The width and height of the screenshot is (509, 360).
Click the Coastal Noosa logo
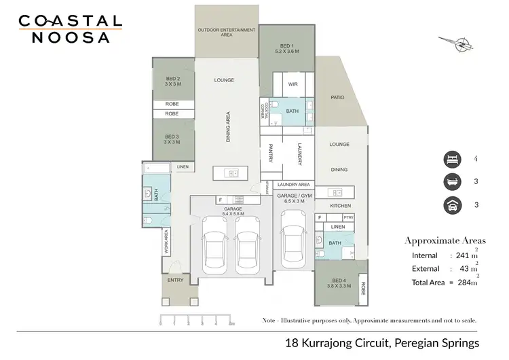(69, 29)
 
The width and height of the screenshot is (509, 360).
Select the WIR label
(293, 84)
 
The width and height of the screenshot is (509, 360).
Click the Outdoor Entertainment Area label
(226, 32)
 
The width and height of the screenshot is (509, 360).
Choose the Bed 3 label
(172, 139)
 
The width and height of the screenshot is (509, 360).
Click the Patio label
(337, 97)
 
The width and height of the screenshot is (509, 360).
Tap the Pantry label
(270, 153)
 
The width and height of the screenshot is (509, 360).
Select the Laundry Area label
(294, 184)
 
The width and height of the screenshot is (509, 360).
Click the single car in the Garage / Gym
(293, 240)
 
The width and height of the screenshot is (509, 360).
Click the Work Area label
(165, 241)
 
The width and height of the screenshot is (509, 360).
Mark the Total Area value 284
(466, 281)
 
